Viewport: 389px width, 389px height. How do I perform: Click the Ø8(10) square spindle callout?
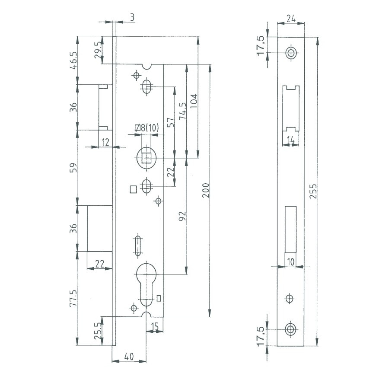coord(147,128)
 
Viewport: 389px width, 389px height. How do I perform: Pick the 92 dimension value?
coord(182,216)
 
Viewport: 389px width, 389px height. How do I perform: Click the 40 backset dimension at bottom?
coord(128,357)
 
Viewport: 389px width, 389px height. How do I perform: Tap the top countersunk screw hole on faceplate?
coord(291,53)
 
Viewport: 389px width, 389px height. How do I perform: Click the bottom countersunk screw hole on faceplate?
coord(291,330)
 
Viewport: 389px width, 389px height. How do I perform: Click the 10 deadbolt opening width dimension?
coord(290,261)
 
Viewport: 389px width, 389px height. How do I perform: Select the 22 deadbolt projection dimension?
coord(99,264)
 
